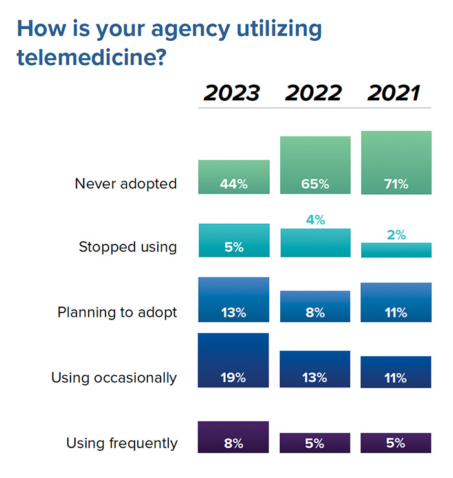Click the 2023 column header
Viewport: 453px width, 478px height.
[232, 93]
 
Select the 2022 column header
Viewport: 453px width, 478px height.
[315, 93]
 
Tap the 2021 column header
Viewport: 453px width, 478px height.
[395, 93]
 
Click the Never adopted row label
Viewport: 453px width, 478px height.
[126, 184]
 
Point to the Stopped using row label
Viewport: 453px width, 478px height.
[127, 247]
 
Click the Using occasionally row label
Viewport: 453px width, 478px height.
[114, 378]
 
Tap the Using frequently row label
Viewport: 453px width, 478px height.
[122, 444]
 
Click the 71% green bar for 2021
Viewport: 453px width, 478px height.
[395, 162]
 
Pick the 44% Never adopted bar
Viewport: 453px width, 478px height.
[233, 177]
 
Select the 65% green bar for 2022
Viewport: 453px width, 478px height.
[315, 165]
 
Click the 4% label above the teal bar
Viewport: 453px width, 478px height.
[315, 220]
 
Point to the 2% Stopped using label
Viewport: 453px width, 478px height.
[395, 235]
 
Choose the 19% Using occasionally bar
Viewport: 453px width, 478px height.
[233, 360]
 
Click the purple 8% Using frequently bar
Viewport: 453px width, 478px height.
[233, 437]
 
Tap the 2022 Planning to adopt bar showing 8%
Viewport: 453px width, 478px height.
[315, 306]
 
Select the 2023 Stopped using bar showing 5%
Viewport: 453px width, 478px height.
[233, 241]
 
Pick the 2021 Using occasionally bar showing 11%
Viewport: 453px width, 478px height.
[395, 372]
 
